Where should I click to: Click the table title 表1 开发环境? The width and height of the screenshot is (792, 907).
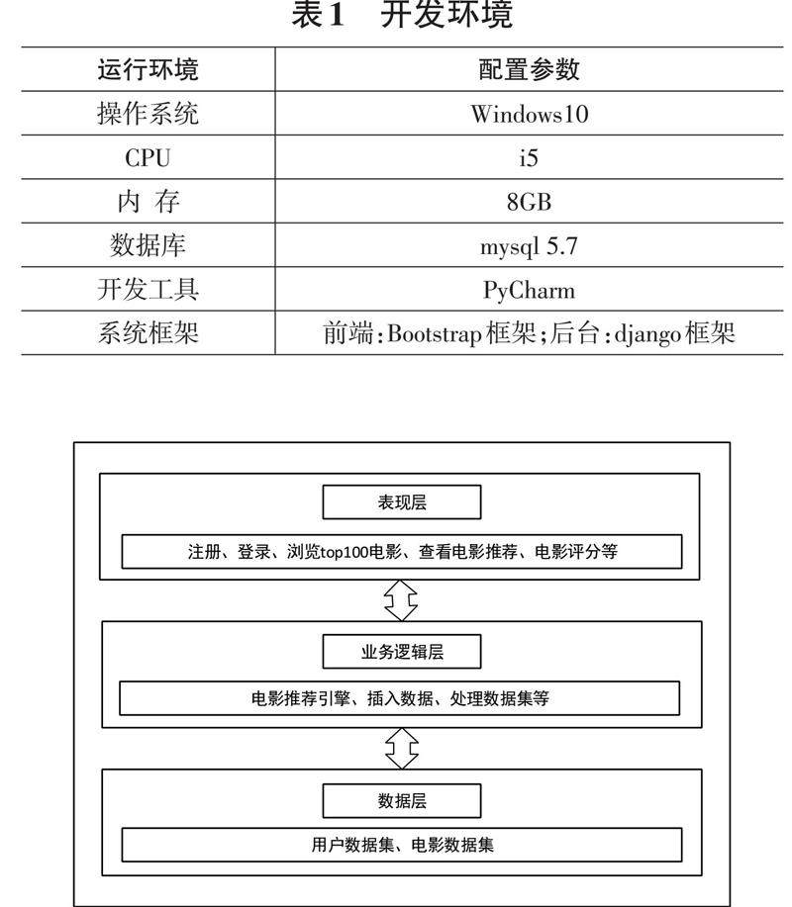point(402,17)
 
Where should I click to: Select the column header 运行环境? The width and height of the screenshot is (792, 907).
point(148,69)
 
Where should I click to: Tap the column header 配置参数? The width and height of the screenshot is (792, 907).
point(529,69)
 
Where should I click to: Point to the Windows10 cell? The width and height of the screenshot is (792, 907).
point(529,114)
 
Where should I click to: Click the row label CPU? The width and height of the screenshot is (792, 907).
point(148,158)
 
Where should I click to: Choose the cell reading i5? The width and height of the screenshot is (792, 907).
point(529,158)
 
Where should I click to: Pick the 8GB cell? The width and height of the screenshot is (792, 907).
point(529,202)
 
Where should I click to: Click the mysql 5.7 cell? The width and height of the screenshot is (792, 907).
point(529,246)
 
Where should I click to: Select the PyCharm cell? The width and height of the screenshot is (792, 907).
point(529,290)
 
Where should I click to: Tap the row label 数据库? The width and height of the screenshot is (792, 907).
point(148,246)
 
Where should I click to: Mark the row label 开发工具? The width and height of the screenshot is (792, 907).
point(148,290)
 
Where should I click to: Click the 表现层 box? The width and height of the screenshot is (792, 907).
point(401,502)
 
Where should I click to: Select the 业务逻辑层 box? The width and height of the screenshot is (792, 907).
point(401,651)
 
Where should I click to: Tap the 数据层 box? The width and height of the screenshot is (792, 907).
point(401,800)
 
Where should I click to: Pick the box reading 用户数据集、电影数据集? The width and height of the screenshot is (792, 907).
point(401,845)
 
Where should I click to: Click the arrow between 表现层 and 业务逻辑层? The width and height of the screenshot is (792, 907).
point(401,597)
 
